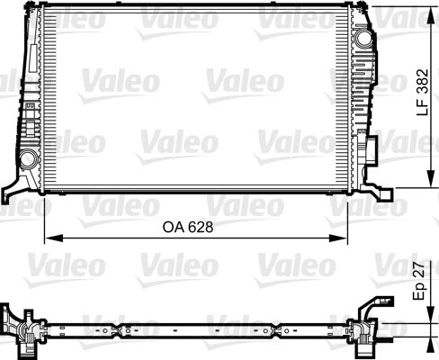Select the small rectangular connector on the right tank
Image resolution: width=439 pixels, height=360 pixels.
pyautogui.click(x=370, y=149)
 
